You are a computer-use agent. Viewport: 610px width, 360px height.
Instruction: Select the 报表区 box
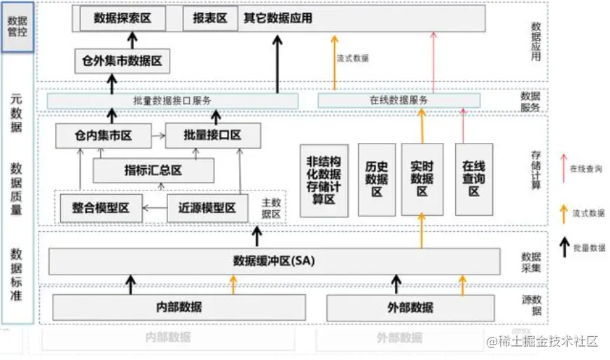pos(209,19)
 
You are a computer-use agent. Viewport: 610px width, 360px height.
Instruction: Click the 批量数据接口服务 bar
pos(172,101)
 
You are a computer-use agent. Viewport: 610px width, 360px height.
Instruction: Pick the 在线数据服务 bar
pos(398,101)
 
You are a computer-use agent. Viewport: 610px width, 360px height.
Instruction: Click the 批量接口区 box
pos(202,134)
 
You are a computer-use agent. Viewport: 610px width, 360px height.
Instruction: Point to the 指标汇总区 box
pos(153,170)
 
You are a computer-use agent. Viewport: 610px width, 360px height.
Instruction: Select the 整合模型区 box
pos(101,207)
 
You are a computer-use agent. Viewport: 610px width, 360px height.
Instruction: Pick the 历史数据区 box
pos(376,180)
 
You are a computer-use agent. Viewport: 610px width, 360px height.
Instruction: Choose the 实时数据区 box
pos(422,180)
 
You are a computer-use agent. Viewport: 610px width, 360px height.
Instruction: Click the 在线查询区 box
pos(473,180)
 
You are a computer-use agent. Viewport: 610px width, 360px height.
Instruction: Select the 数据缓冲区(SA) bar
pos(274,261)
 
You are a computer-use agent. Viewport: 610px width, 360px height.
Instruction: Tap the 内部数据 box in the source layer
pos(179,307)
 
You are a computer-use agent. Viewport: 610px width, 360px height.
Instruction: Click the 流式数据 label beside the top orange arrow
pos(352,58)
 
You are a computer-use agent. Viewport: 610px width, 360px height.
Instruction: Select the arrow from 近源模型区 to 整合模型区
pos(155,207)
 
